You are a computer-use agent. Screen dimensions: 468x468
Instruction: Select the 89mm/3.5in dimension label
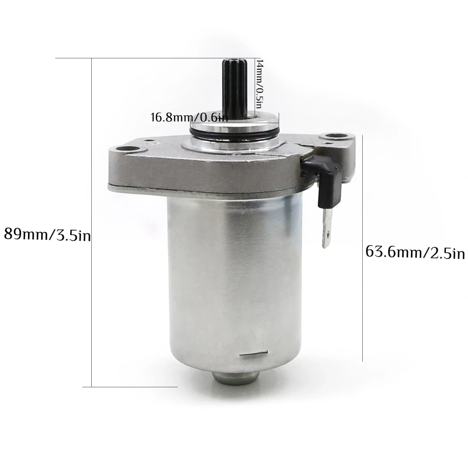click(x=47, y=233)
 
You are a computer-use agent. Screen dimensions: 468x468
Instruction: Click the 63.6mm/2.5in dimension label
click(x=415, y=253)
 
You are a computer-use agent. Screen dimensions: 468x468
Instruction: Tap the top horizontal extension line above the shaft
click(x=154, y=58)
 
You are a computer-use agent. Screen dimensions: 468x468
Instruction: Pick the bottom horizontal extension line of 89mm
click(x=131, y=386)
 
